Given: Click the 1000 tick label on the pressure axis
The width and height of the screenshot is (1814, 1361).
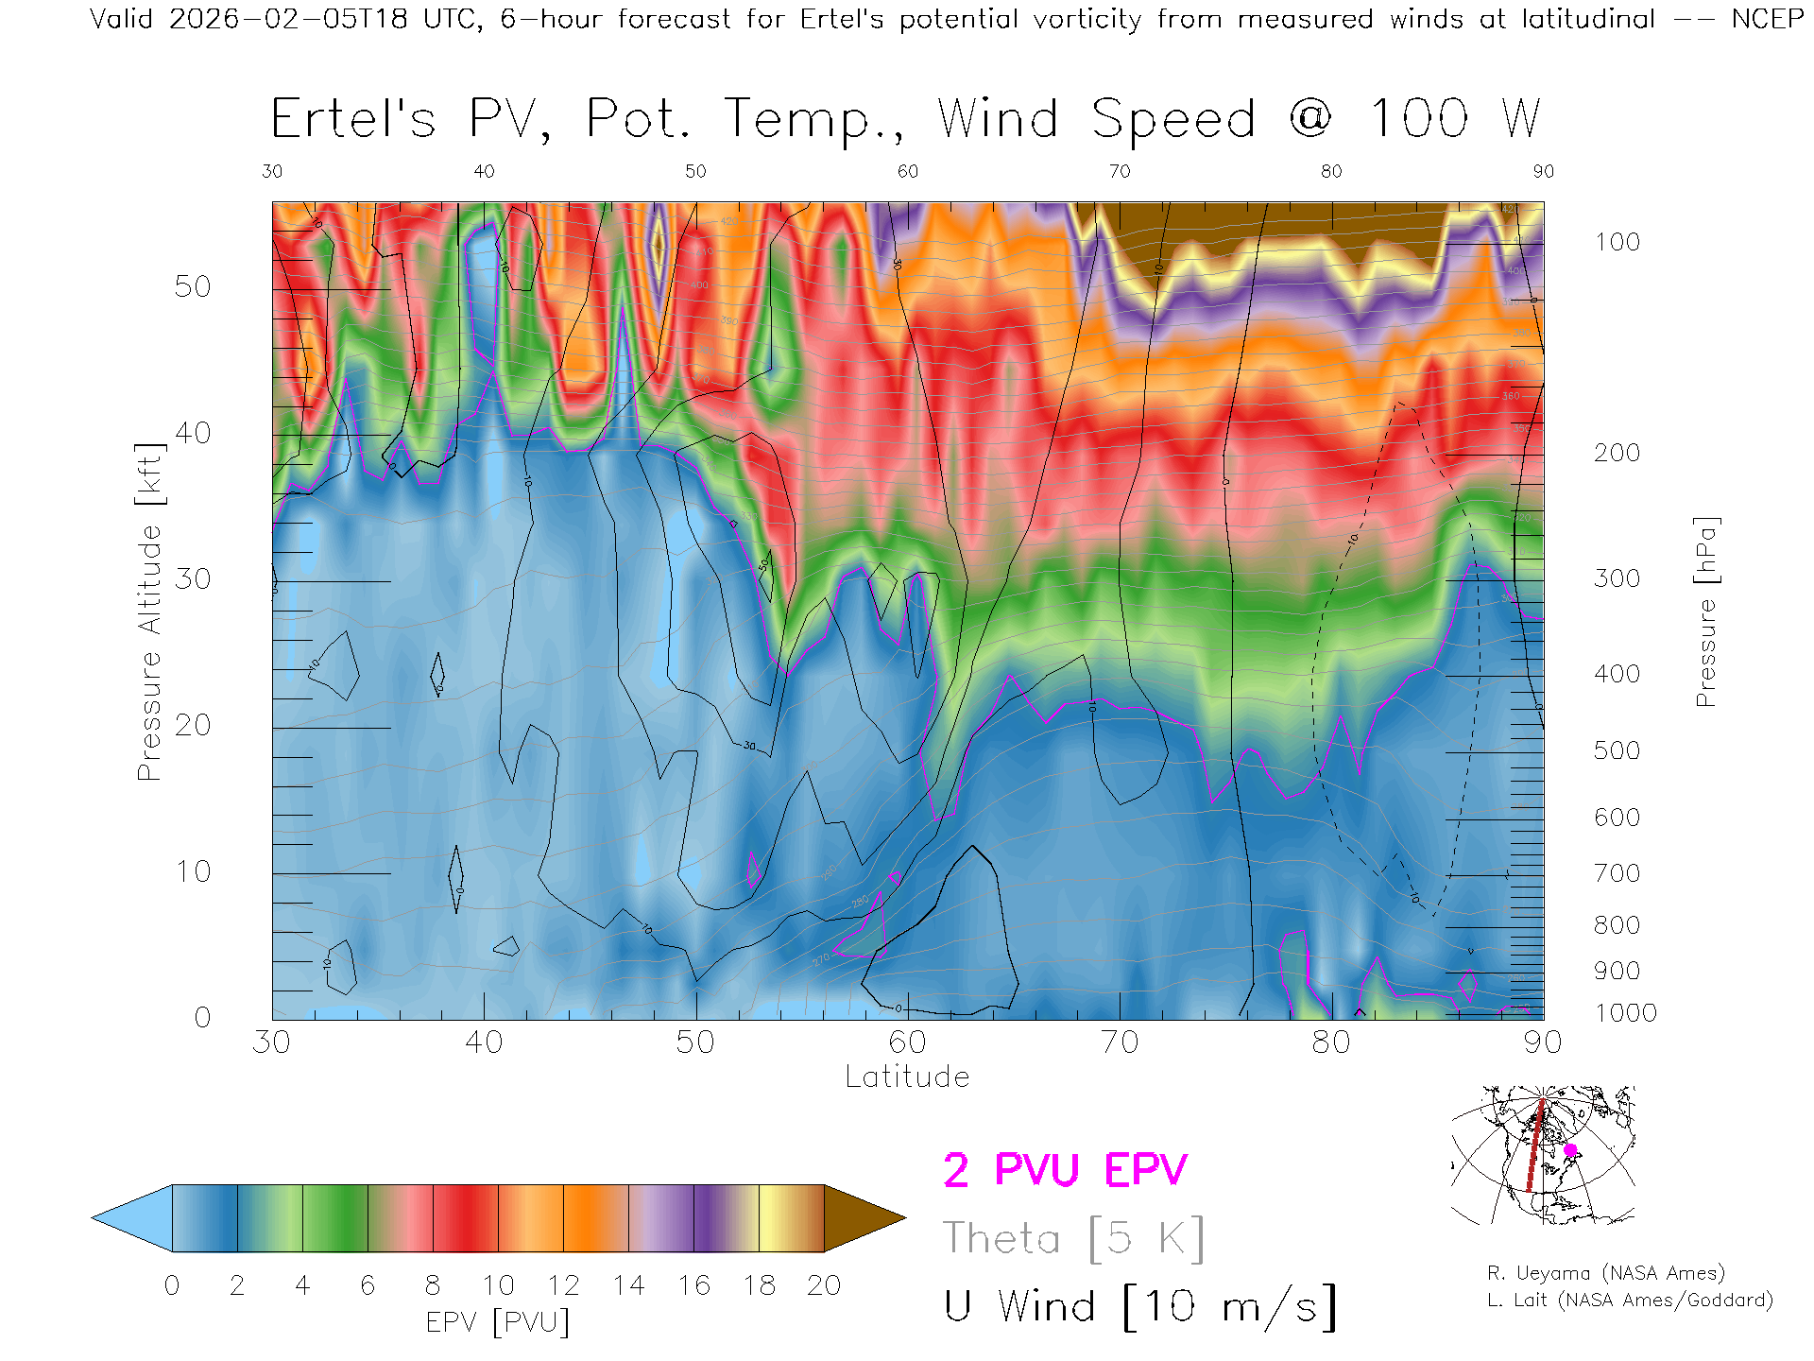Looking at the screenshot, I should click(1625, 1013).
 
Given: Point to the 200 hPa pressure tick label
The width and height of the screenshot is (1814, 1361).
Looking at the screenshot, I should click(1617, 453).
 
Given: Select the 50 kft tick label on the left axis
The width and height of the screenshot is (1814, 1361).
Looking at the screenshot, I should click(193, 286).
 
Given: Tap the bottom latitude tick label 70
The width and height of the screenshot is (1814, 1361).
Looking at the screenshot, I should click(1119, 1042).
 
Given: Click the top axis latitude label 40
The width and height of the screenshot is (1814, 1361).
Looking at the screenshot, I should click(484, 171).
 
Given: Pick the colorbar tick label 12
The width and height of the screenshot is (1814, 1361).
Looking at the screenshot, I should click(563, 1285).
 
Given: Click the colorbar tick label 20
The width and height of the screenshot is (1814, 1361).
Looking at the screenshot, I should click(824, 1285).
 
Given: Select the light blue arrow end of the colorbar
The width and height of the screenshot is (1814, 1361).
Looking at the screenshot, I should click(128, 1218).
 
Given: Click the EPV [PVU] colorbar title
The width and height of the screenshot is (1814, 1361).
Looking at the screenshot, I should click(497, 1322).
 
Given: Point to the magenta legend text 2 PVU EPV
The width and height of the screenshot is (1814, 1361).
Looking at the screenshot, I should click(1065, 1170).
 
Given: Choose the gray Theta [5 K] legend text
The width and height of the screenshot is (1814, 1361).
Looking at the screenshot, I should click(1073, 1238).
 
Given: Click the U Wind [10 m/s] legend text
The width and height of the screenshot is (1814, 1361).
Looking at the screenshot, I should click(1139, 1307).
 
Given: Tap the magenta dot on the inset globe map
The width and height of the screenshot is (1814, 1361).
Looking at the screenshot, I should click(1570, 1150).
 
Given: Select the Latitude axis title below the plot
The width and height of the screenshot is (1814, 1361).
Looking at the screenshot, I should click(907, 1077).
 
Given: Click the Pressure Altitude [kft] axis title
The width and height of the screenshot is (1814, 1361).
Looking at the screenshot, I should click(149, 612).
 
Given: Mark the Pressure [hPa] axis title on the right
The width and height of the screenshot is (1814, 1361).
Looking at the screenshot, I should click(1705, 612).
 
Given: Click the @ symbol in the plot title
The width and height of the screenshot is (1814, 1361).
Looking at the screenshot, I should click(1310, 119).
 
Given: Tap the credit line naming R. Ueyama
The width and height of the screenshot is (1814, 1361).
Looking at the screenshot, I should click(1605, 1273).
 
